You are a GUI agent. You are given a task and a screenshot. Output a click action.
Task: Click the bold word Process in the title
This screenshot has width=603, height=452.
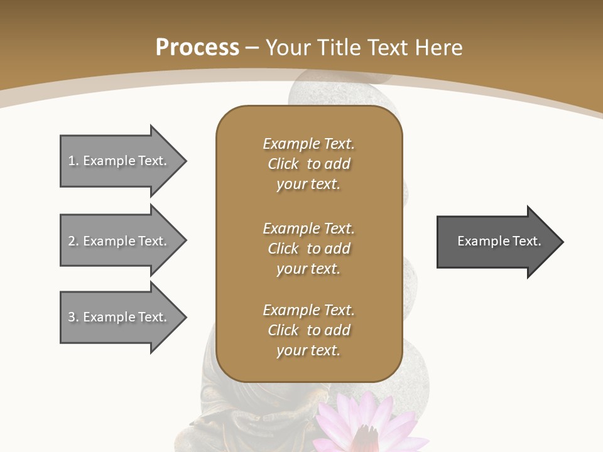tap(197, 48)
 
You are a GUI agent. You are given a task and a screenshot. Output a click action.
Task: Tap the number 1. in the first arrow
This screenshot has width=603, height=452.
tap(73, 161)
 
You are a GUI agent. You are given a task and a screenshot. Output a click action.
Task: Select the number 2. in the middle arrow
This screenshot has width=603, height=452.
tap(73, 241)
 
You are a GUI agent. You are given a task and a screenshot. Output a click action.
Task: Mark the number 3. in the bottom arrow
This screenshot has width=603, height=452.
tap(73, 317)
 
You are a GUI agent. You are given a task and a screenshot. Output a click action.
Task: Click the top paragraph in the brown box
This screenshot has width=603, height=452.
tap(308, 164)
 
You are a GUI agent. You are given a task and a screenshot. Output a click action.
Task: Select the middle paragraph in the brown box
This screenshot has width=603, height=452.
tap(308, 248)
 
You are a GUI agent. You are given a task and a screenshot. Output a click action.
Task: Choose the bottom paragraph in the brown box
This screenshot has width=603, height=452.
tap(308, 330)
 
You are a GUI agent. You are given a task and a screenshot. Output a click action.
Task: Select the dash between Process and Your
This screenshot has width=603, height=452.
tap(253, 48)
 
